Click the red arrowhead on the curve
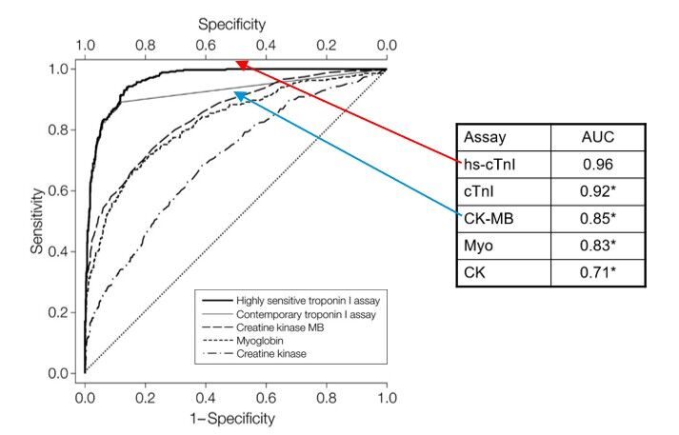coord(241,65)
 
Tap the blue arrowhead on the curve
coord(239,94)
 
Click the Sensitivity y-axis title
coord(35,221)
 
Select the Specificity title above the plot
coord(233,20)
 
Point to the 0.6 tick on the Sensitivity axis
coord(61,191)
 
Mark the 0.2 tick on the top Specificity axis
coord(327,44)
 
